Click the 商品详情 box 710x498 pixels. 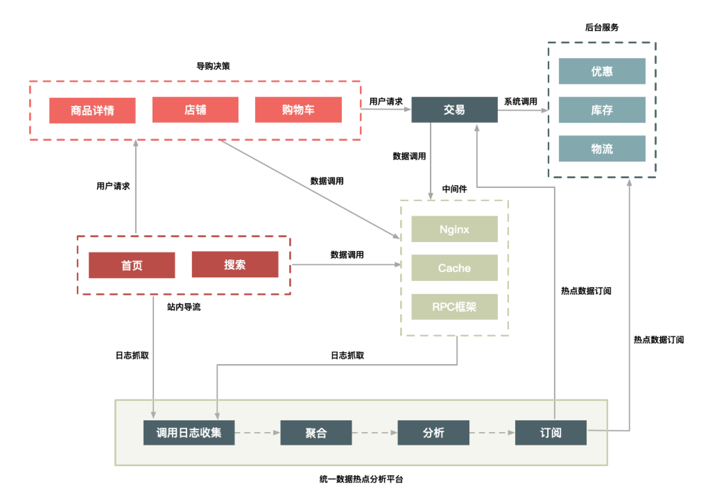click(92, 110)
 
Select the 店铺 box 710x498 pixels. click(196, 110)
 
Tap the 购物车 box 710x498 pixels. click(298, 110)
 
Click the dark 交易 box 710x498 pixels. click(454, 110)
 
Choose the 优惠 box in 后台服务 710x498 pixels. click(602, 71)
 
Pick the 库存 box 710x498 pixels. click(602, 110)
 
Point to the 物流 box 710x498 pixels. click(602, 148)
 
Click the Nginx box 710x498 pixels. click(454, 229)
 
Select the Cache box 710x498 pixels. click(454, 268)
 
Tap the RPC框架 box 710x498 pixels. click(454, 307)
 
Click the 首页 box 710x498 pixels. click(132, 264)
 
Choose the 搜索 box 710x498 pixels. click(234, 264)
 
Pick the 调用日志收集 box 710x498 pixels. click(189, 433)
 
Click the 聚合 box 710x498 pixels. click(315, 433)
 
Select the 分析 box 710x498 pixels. click(433, 433)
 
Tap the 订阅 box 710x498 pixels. click(551, 433)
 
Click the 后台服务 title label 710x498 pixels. click(602, 28)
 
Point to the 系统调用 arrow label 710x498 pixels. click(520, 101)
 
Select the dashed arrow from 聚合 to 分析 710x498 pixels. click(374, 433)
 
